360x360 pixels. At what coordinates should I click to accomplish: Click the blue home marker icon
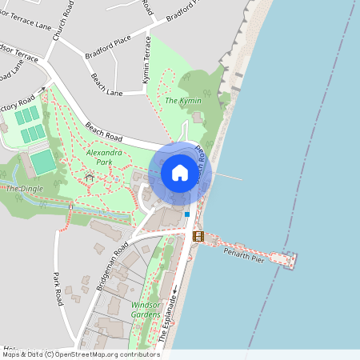click(179, 173)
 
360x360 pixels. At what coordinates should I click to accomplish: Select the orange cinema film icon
click(198, 236)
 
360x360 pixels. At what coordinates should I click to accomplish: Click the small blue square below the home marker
click(187, 214)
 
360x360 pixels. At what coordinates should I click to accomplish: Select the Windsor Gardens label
click(146, 310)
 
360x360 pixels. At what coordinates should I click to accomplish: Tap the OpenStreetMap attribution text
click(80, 354)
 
